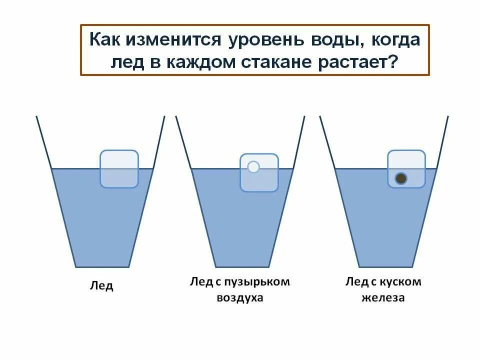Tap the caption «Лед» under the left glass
coord(101,286)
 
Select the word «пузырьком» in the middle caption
coord(264,282)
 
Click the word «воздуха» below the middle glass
coord(240,298)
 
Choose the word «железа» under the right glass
coord(384,298)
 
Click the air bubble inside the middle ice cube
coord(253,166)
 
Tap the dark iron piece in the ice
coord(400,178)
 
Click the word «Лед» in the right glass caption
coord(355,282)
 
